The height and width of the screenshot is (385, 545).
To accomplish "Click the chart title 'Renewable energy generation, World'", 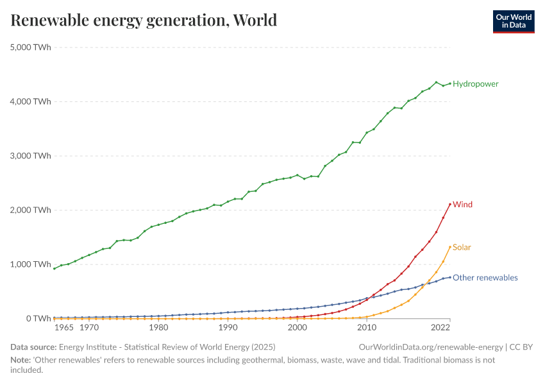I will pyautogui.click(x=144, y=21).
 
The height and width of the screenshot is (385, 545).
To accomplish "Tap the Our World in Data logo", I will pyautogui.click(x=513, y=21).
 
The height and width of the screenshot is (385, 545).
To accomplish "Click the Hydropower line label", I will pyautogui.click(x=475, y=84).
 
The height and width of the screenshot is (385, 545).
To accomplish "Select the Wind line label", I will pyautogui.click(x=462, y=205).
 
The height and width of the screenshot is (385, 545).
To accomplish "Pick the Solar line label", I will pyautogui.click(x=462, y=247).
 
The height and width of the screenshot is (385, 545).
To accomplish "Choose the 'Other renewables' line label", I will pyautogui.click(x=485, y=278).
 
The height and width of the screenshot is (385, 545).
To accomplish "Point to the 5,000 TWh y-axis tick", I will pyautogui.click(x=31, y=47).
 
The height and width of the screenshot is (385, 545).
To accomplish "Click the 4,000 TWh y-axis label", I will pyautogui.click(x=31, y=101).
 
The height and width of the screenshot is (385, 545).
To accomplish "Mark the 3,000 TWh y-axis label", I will pyautogui.click(x=31, y=156).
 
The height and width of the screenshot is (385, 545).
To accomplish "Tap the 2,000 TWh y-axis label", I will pyautogui.click(x=31, y=210).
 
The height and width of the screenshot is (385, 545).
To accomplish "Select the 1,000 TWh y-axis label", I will pyautogui.click(x=31, y=264).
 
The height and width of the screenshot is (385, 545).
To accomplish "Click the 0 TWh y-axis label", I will pyautogui.click(x=37, y=318).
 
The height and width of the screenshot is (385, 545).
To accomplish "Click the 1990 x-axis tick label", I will pyautogui.click(x=228, y=328).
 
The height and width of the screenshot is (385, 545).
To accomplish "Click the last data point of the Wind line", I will pyautogui.click(x=450, y=204).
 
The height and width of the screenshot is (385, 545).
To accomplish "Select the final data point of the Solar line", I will pyautogui.click(x=450, y=247).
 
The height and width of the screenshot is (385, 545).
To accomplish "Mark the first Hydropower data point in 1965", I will pyautogui.click(x=55, y=268).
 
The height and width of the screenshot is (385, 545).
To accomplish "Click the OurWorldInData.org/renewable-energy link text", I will pyautogui.click(x=431, y=347).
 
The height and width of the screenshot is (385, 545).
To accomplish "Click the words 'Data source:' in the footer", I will pyautogui.click(x=33, y=347).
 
